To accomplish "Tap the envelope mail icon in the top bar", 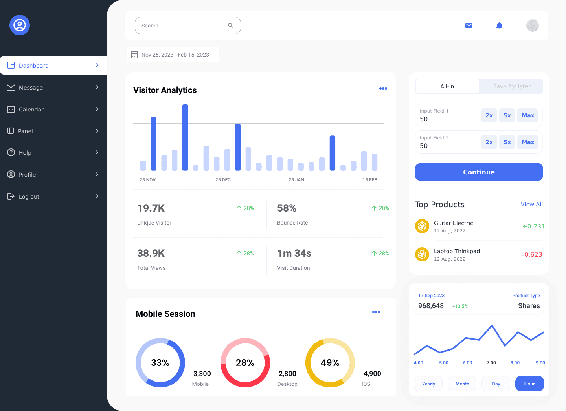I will [x=469, y=26].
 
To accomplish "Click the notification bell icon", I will [x=499, y=26].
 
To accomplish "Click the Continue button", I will [x=479, y=172].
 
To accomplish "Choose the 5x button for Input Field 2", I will [x=507, y=142].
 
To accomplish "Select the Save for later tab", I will [x=511, y=86].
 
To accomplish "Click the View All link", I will [x=531, y=205].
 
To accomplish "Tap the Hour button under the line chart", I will [x=529, y=384].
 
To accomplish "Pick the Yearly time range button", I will [x=428, y=384].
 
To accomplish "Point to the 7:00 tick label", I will [x=491, y=363].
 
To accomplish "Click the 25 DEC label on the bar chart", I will [x=223, y=180].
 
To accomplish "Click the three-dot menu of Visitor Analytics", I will [x=383, y=88].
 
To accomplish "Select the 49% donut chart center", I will [x=330, y=363].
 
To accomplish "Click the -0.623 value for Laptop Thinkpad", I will [x=532, y=255].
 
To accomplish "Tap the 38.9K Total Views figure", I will [x=151, y=254].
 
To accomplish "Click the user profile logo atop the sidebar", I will [x=20, y=25].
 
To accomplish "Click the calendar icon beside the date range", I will [x=134, y=55].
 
